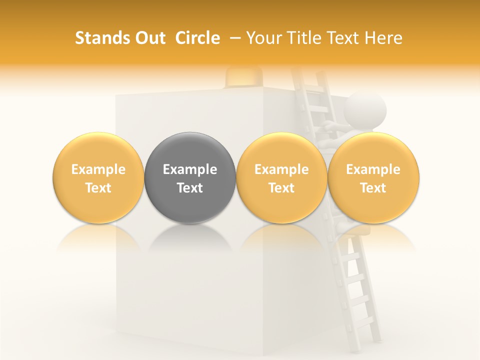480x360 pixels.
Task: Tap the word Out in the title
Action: tap(148, 38)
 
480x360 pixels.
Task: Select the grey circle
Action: tap(190, 178)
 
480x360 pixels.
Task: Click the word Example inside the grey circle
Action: tap(190, 169)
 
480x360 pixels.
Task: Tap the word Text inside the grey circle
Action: tap(190, 188)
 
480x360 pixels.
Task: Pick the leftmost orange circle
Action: tap(98, 178)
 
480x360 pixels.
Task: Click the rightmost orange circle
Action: tap(373, 178)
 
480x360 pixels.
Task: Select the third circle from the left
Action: tap(281, 178)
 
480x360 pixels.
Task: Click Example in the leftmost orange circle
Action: tap(98, 169)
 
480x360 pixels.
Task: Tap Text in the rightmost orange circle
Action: tap(373, 188)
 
